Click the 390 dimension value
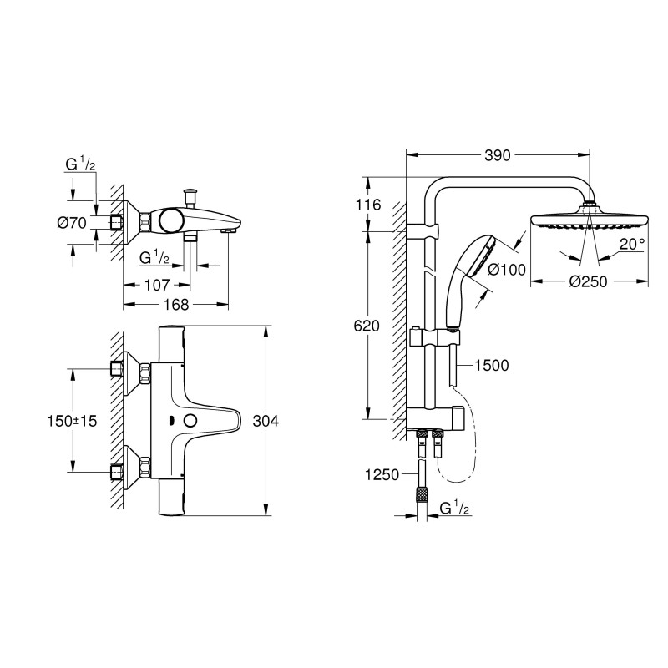[498, 154]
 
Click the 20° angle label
[631, 244]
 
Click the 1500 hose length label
[491, 364]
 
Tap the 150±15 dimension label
[72, 421]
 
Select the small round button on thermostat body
[191, 421]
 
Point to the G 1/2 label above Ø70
[81, 164]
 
